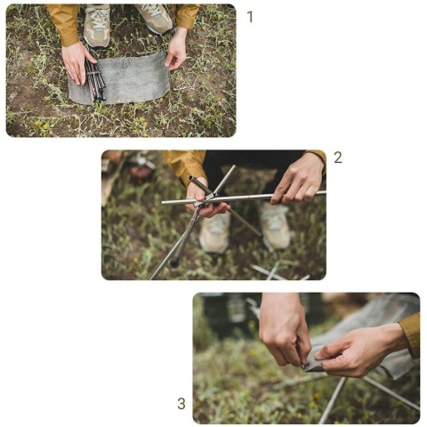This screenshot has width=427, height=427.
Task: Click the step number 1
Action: (250, 17)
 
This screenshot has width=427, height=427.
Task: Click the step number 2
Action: (338, 157)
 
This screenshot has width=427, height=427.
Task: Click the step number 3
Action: (181, 403)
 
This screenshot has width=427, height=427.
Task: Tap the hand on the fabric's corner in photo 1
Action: (176, 49)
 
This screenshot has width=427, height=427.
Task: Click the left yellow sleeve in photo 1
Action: (63, 22)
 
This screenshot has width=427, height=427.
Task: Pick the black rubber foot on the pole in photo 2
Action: (174, 262)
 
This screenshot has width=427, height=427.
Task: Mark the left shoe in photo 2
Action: (214, 233)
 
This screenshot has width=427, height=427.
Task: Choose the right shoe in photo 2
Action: (275, 228)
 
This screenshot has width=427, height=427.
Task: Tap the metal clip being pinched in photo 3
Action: (307, 364)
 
